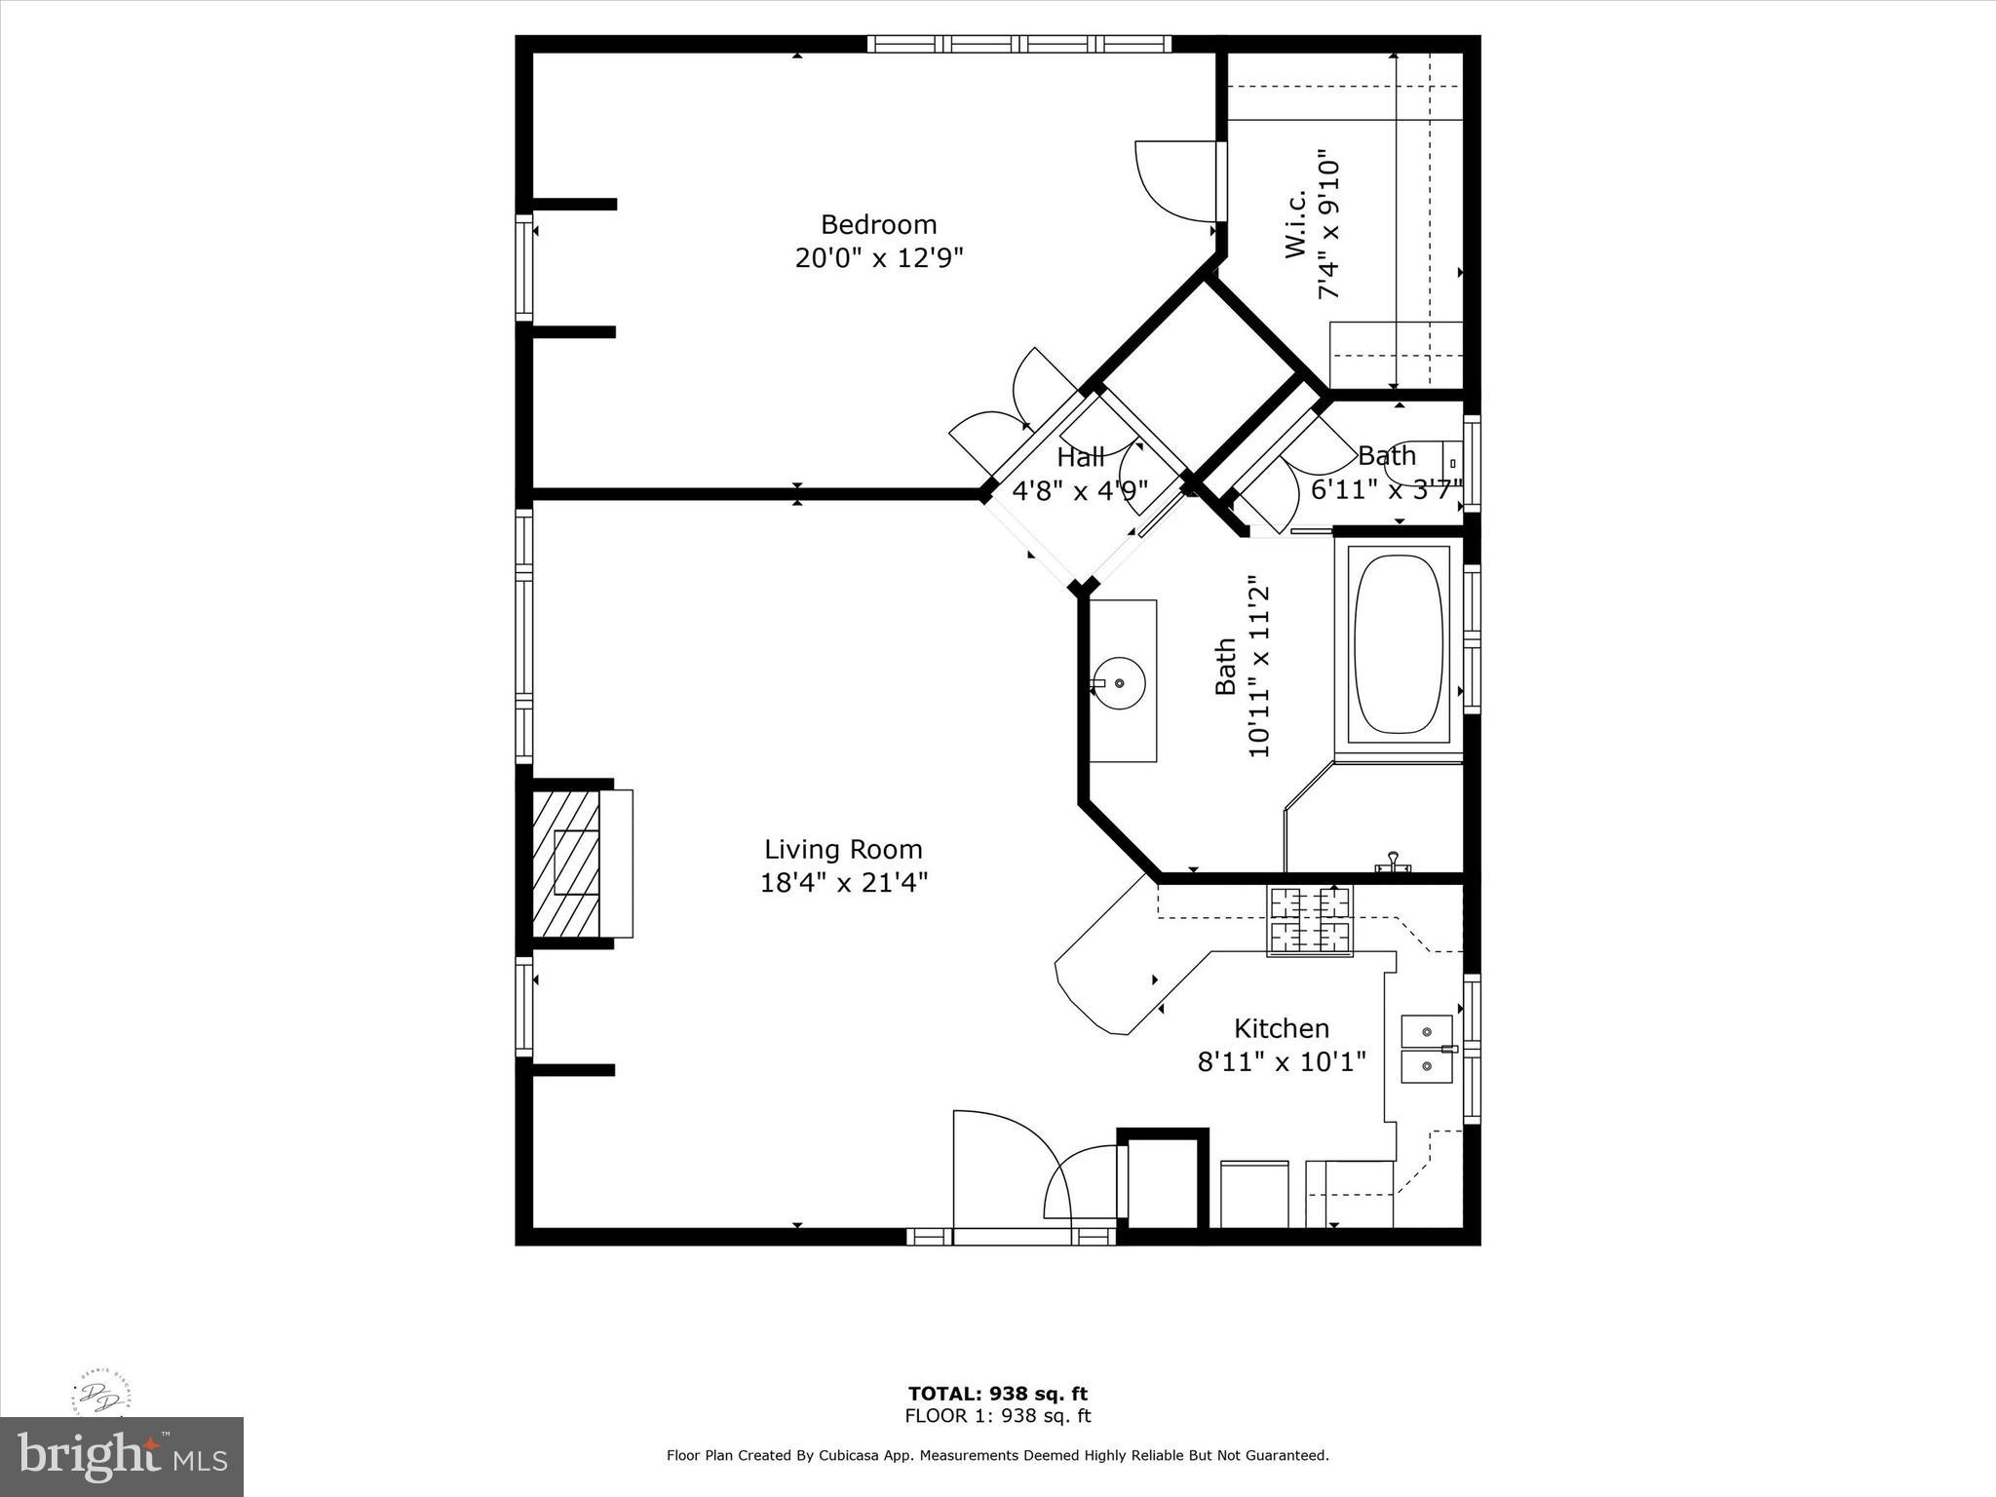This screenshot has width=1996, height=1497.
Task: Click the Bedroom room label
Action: coord(878,225)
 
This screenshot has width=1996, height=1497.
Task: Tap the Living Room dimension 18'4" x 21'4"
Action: coord(843,883)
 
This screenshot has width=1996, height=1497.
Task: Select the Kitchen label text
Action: coord(1281,1028)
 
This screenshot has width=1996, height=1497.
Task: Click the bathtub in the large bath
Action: coord(1398,645)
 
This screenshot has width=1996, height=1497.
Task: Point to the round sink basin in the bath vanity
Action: coord(1119,682)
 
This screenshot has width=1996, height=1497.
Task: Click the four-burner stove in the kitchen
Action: coord(1309,920)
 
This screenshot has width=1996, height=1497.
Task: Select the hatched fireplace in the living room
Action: coord(566,864)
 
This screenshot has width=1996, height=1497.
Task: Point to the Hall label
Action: coord(1080,456)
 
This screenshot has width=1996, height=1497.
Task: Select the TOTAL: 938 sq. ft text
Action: coord(997,1394)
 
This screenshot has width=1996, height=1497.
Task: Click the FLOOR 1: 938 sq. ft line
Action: coord(997,1416)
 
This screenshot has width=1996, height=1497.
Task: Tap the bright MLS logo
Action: coord(122,1457)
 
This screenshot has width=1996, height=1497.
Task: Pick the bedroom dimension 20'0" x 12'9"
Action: coord(878,258)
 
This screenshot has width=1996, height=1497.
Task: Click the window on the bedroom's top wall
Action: coord(1018,43)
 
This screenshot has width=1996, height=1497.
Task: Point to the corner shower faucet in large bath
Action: coord(1393,862)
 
